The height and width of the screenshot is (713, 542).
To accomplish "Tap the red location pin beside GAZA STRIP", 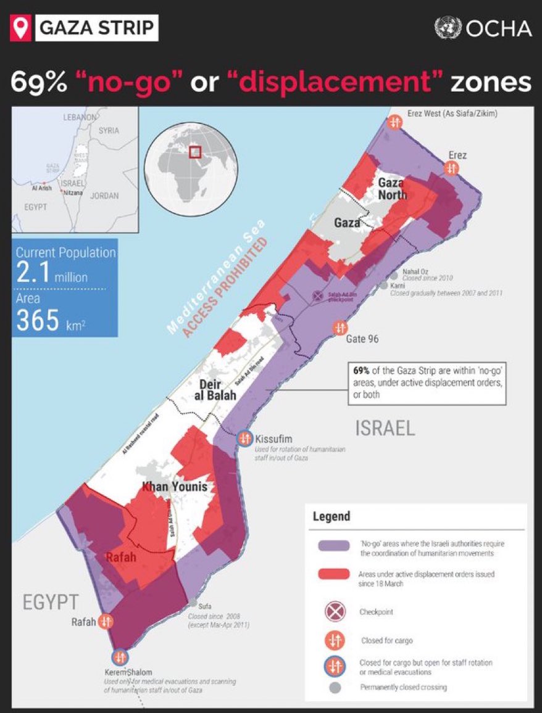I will point(22,28).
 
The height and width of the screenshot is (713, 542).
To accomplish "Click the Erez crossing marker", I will point(452,168).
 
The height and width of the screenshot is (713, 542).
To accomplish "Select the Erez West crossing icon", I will point(395,122).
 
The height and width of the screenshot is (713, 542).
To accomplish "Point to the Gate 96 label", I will point(362,339).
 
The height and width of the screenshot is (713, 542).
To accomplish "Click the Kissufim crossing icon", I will point(244,438).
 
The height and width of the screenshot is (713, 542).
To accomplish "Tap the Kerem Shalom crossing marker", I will point(119,657).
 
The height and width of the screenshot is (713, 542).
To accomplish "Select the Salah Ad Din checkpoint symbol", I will point(317,296).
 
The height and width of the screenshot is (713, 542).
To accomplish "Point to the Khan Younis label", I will point(175,487).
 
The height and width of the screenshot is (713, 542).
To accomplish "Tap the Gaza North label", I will point(393,189).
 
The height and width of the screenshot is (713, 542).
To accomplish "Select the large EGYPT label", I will point(51,602).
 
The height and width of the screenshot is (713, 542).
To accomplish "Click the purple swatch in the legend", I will point(334,546).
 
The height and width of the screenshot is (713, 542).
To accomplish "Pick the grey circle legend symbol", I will point(334,687).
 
